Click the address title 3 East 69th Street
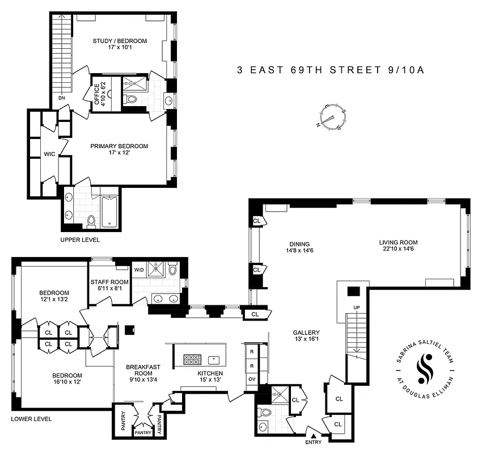[x=331, y=70]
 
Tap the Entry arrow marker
[x=312, y=436]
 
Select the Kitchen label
[x=210, y=373]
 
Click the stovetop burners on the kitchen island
[x=191, y=359]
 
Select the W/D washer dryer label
[x=139, y=270]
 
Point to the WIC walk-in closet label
[x=49, y=154]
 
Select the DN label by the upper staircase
[x=61, y=98]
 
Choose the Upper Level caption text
[x=80, y=240]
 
